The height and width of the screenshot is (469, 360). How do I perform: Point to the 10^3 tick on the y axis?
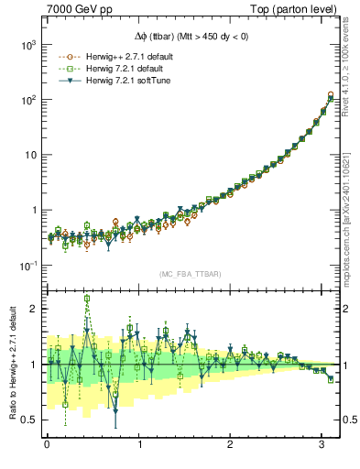(x=27, y=45)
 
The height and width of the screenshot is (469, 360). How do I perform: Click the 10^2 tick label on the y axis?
(x=27, y=100)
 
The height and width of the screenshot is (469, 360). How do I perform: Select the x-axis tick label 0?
(x=47, y=446)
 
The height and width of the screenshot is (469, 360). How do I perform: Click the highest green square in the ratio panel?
(x=87, y=299)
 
